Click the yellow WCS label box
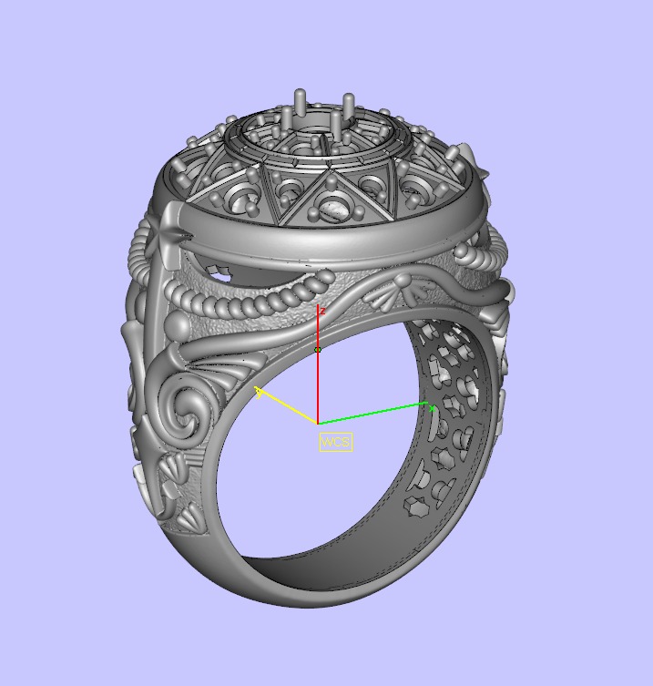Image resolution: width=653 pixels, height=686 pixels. (335, 442)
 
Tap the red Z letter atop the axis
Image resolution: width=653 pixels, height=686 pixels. (322, 311)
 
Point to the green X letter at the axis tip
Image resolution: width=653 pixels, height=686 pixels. (433, 410)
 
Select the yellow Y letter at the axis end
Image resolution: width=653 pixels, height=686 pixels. (260, 392)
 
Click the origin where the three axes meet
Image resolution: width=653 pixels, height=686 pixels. (318, 424)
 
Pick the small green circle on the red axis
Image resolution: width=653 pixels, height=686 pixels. (318, 350)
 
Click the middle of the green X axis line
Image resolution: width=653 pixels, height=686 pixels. (372, 414)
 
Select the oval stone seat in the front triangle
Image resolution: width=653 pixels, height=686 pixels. (334, 211)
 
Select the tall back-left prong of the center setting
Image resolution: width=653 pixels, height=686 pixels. (299, 102)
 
